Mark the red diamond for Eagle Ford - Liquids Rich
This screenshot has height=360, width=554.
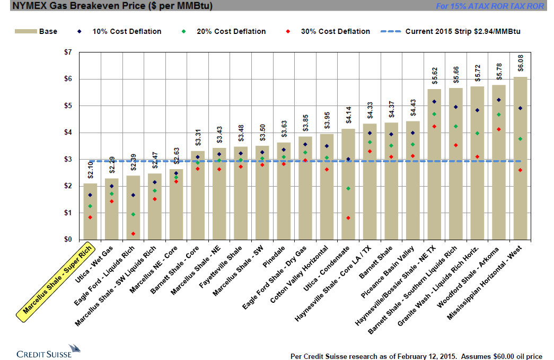click(133, 234)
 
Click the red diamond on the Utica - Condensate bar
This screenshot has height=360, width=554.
click(348, 218)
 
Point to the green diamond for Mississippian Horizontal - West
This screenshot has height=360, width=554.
click(521, 139)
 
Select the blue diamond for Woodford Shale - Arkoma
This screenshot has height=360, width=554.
click(499, 100)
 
